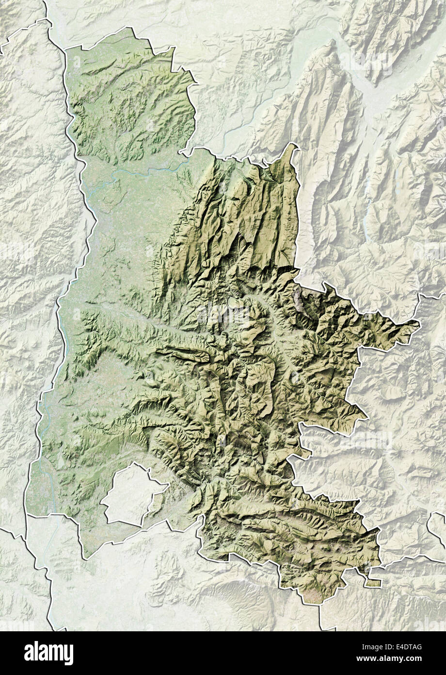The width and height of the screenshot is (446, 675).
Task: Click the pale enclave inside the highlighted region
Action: [131, 495]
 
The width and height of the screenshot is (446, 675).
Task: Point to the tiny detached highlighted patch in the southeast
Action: [374, 582]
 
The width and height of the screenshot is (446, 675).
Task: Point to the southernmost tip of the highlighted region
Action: [306, 603]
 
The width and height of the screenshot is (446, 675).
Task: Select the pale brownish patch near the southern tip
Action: [310, 595]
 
